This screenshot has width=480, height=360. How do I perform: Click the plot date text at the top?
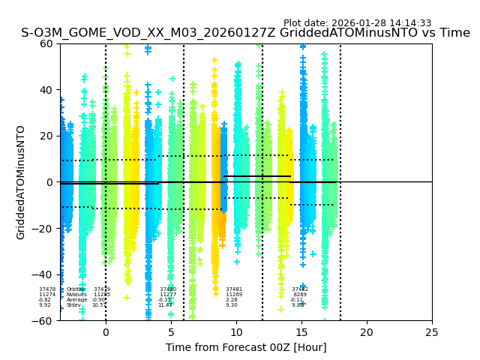pos(357,23)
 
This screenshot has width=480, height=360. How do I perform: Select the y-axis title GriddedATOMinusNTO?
pos(21,182)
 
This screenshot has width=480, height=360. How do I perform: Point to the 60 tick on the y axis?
pos(46,43)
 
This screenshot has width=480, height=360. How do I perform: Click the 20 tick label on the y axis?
pos(46,136)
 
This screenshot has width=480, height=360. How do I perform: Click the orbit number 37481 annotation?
pos(234,289)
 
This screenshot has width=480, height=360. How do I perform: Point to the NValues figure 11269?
pos(234,295)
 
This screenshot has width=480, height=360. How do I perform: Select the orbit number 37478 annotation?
pos(47,289)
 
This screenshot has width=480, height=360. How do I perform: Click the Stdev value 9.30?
pos(232,305)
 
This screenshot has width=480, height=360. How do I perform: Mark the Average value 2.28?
pos(232,300)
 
